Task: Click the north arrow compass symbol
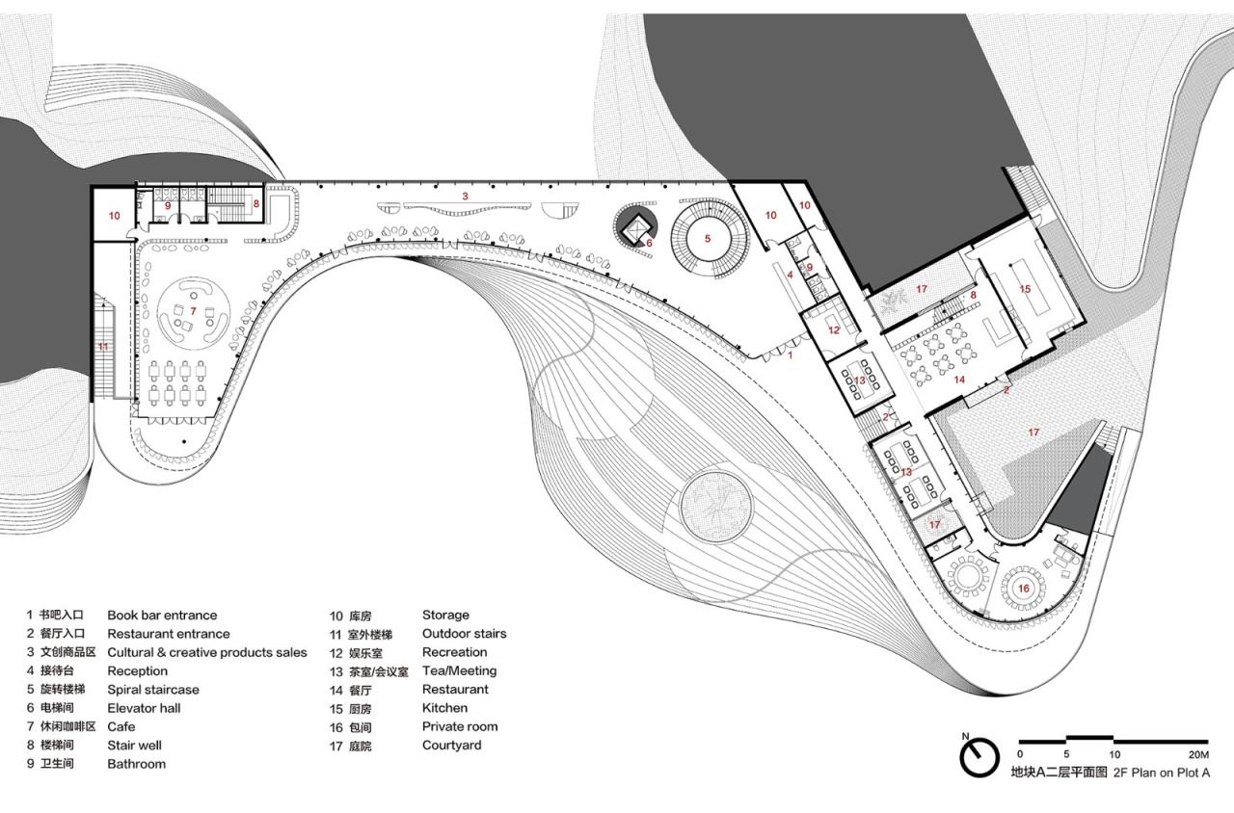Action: (x=978, y=758)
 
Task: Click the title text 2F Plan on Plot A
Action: (x=1162, y=773)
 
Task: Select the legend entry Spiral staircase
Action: (x=153, y=690)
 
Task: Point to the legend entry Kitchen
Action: (x=444, y=708)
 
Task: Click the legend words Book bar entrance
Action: (x=162, y=615)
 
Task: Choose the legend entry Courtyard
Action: (x=451, y=746)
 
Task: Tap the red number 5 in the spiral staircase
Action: (x=707, y=238)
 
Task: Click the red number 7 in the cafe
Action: (x=193, y=310)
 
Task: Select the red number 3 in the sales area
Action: (x=465, y=196)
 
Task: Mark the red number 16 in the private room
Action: (x=1023, y=588)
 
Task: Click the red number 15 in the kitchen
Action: (x=1026, y=288)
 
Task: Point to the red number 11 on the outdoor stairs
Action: (x=103, y=345)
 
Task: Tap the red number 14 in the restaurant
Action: (x=959, y=380)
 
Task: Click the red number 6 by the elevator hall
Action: (x=649, y=243)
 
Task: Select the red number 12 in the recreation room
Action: (x=834, y=330)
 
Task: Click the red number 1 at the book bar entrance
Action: (x=791, y=355)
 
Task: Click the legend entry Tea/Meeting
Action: (x=459, y=670)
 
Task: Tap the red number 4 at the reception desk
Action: (x=790, y=275)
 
